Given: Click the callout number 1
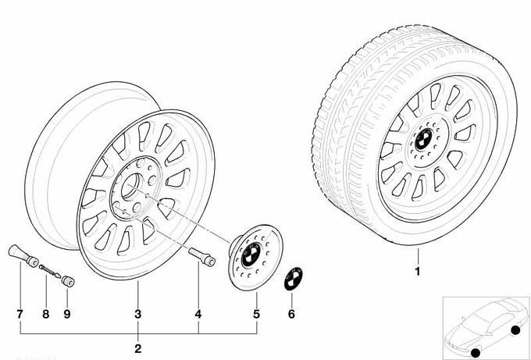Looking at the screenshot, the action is pyautogui.click(x=418, y=271).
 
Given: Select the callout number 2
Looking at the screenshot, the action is pyautogui.click(x=138, y=348).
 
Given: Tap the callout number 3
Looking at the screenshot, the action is pyautogui.click(x=138, y=314).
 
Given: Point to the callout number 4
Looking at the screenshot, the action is pyautogui.click(x=198, y=314).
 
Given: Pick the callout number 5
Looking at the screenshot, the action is pyautogui.click(x=257, y=314).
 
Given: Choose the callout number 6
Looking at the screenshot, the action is pyautogui.click(x=291, y=314).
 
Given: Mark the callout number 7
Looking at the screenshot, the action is pyautogui.click(x=20, y=314).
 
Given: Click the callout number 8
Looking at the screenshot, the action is pyautogui.click(x=46, y=314).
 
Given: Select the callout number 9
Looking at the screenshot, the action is pyautogui.click(x=67, y=314).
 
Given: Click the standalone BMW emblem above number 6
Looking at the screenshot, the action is pyautogui.click(x=294, y=279).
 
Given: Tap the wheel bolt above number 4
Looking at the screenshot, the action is pyautogui.click(x=201, y=256).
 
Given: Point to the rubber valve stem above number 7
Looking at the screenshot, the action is pyautogui.click(x=23, y=256).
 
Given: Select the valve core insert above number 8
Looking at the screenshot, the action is pyautogui.click(x=50, y=271).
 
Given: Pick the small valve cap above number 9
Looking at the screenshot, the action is pyautogui.click(x=68, y=281).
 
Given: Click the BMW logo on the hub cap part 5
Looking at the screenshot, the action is pyautogui.click(x=251, y=255).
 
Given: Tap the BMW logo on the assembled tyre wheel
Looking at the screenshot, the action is pyautogui.click(x=422, y=139).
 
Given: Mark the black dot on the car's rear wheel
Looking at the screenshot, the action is pyautogui.click(x=515, y=330).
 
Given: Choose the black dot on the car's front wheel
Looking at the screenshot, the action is pyautogui.click(x=476, y=352).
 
